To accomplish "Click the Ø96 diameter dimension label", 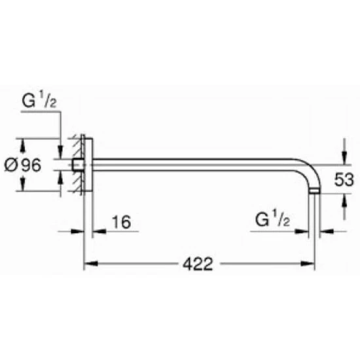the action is point(23,165).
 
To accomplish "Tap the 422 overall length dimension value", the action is point(198,264).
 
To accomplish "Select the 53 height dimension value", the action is point(344,179).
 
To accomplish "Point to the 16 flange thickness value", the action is point(122,222).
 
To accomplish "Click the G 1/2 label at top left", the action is point(39,99).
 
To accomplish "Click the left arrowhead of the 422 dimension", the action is point(91,264).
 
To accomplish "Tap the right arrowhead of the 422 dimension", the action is point(308,264).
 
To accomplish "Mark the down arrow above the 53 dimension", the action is point(344,158).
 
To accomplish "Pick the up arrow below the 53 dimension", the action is point(344,201).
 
